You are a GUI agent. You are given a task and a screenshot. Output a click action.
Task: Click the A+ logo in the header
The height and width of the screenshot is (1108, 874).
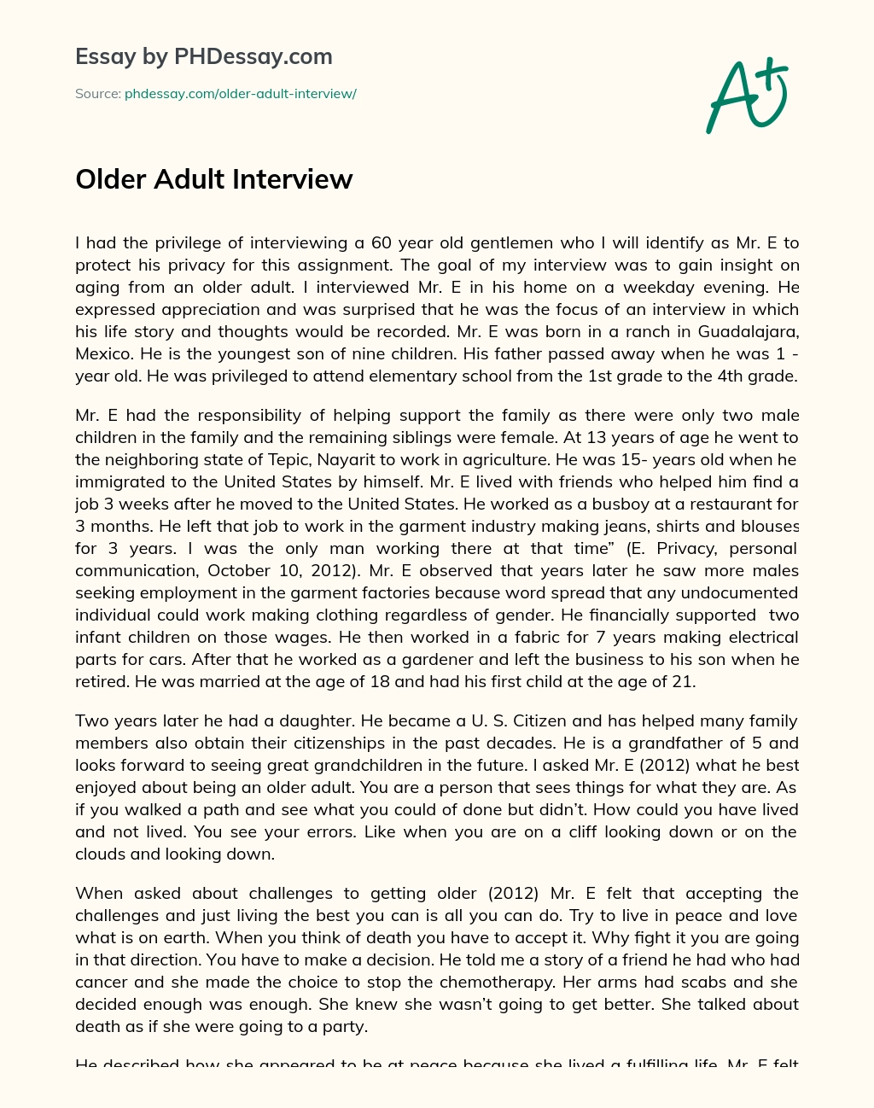[x=748, y=96]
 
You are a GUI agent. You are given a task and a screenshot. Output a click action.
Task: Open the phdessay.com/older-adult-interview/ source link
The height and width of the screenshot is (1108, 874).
[x=240, y=94]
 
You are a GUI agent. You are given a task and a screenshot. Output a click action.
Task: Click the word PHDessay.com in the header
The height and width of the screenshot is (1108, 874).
[x=253, y=57]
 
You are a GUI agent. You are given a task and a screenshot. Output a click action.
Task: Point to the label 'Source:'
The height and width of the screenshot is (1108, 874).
[x=97, y=94]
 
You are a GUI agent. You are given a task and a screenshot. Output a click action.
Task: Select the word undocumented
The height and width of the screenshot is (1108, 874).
[x=747, y=592]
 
